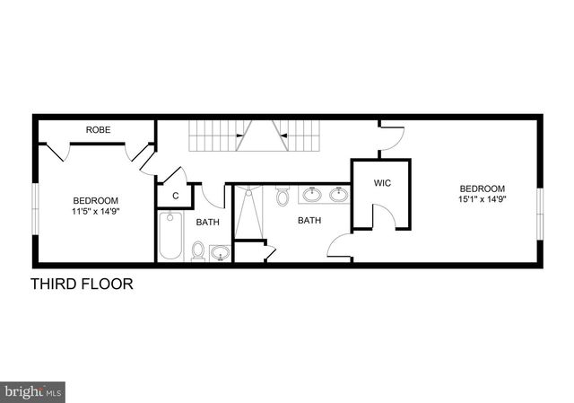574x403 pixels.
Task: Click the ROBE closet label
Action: pyautogui.click(x=98, y=130)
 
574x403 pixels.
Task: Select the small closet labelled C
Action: pyautogui.click(x=176, y=195)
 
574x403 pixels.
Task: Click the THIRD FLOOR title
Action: pyautogui.click(x=82, y=285)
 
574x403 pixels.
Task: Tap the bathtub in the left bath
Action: pyautogui.click(x=170, y=235)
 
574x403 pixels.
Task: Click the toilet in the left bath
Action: pyautogui.click(x=198, y=251)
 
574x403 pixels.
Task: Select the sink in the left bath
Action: pyautogui.click(x=220, y=254)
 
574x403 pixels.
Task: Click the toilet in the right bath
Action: pyautogui.click(x=283, y=195)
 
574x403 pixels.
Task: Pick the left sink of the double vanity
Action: pyautogui.click(x=313, y=194)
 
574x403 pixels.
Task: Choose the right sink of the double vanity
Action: pyautogui.click(x=338, y=194)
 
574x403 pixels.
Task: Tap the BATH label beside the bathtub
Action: pyautogui.click(x=207, y=223)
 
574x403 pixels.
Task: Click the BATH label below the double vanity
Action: pyautogui.click(x=309, y=220)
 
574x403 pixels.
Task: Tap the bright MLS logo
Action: pyautogui.click(x=33, y=391)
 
